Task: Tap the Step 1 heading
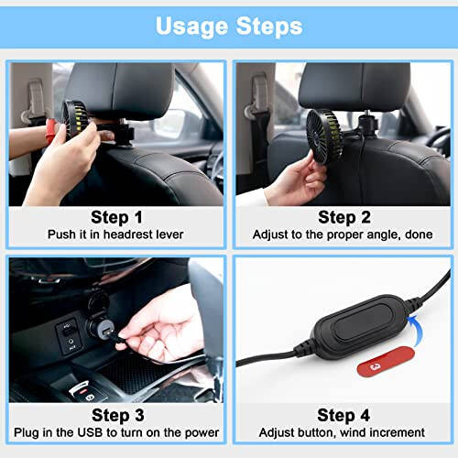[x=116, y=217]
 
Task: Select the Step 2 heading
[x=343, y=217]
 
